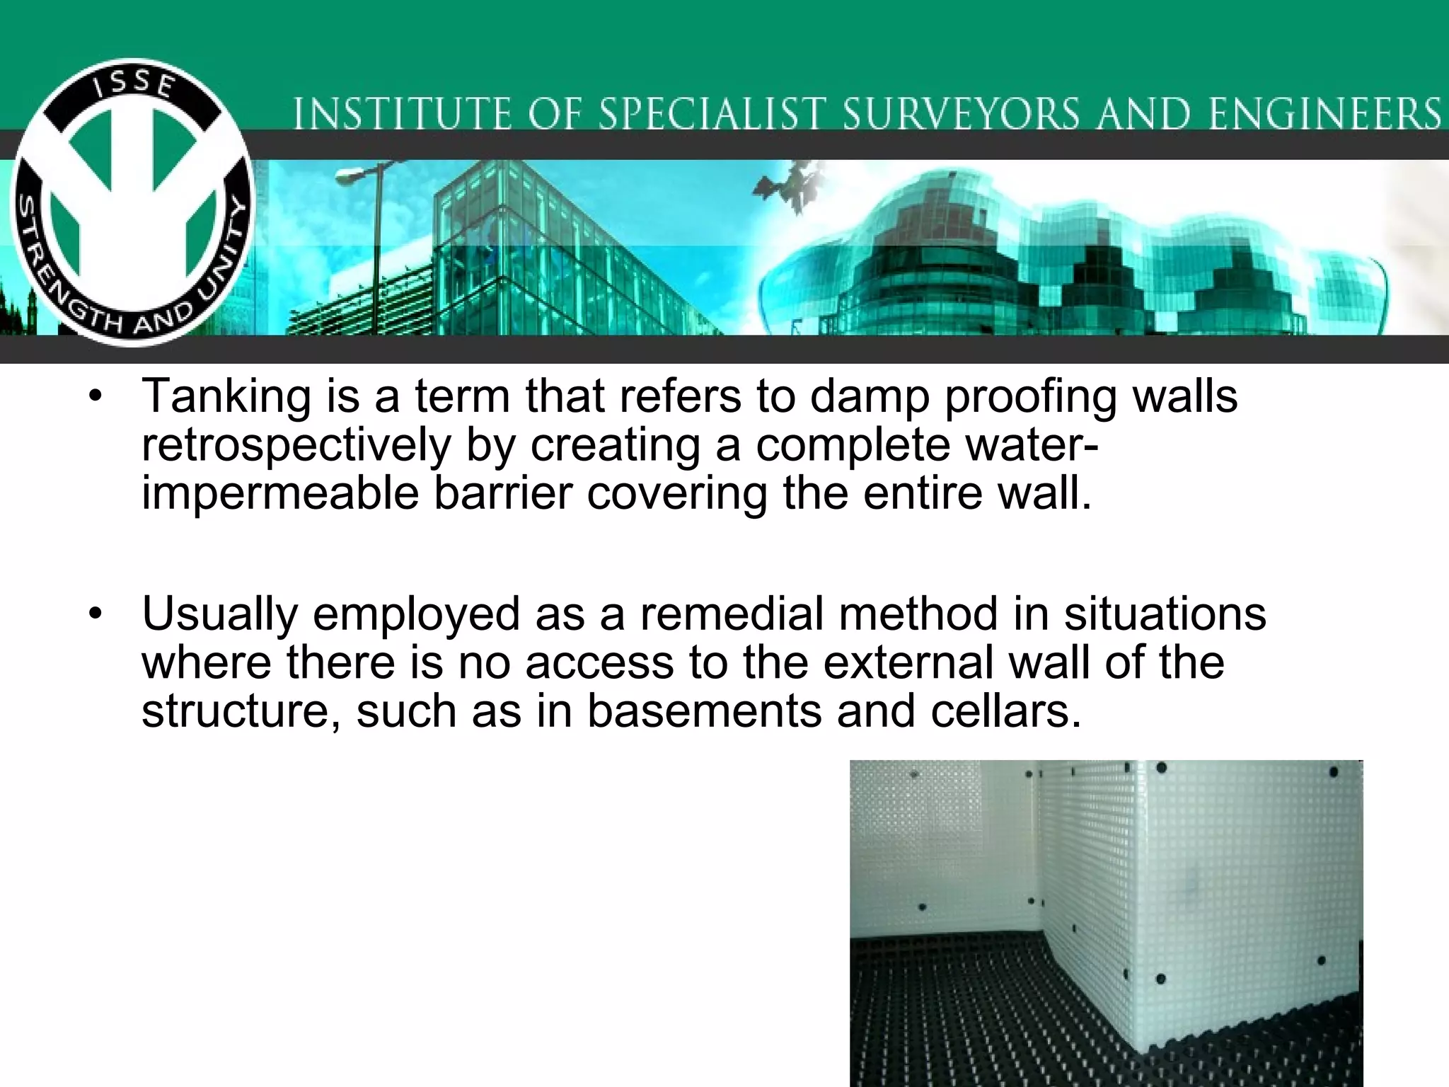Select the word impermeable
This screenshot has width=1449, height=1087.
coord(280,494)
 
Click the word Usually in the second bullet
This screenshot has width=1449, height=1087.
coord(219,614)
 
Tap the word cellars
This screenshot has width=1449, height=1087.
coord(1005,711)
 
